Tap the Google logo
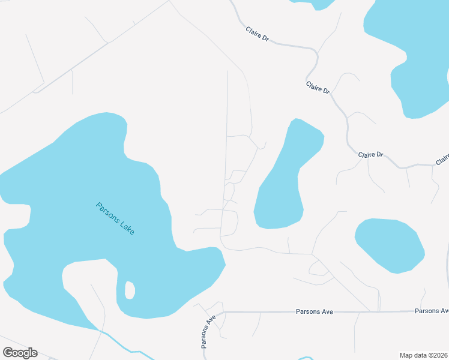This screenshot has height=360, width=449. coord(20,353)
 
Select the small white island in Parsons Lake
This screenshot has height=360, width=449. coord(129,290)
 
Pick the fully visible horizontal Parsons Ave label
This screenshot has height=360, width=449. coord(314,312)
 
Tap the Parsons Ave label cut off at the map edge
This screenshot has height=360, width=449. coord(432,311)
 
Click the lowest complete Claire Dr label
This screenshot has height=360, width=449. coord(370,155)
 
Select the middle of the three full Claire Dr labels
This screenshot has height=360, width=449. coord(318,88)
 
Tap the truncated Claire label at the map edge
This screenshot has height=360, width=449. coord(442,159)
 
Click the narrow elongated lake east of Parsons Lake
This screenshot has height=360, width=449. coord(282,180)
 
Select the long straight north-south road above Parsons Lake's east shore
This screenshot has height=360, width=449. coord(226,150)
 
